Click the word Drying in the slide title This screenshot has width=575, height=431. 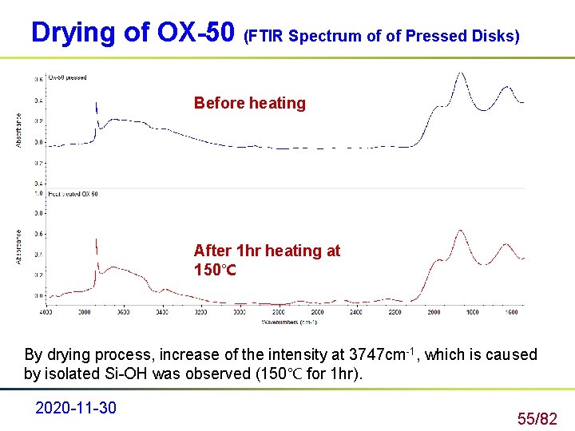[71, 33]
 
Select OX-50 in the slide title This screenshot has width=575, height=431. [196, 33]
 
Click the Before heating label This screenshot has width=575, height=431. [249, 103]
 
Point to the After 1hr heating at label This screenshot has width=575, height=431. [267, 251]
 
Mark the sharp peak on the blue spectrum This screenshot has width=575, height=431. [96, 105]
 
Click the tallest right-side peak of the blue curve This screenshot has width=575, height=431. [460, 74]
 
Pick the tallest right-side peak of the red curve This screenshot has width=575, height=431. [460, 231]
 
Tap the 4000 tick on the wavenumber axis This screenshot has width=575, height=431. [46, 312]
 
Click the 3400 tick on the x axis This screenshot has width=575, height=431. [162, 312]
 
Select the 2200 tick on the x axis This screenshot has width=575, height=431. [395, 312]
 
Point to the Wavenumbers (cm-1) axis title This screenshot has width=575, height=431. [289, 322]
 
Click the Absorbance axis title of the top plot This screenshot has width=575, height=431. [19, 129]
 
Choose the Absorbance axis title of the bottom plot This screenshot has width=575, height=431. [19, 247]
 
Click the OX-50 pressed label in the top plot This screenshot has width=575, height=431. [68, 78]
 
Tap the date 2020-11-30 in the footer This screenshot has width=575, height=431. [76, 408]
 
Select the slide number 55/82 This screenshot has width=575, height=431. [537, 418]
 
